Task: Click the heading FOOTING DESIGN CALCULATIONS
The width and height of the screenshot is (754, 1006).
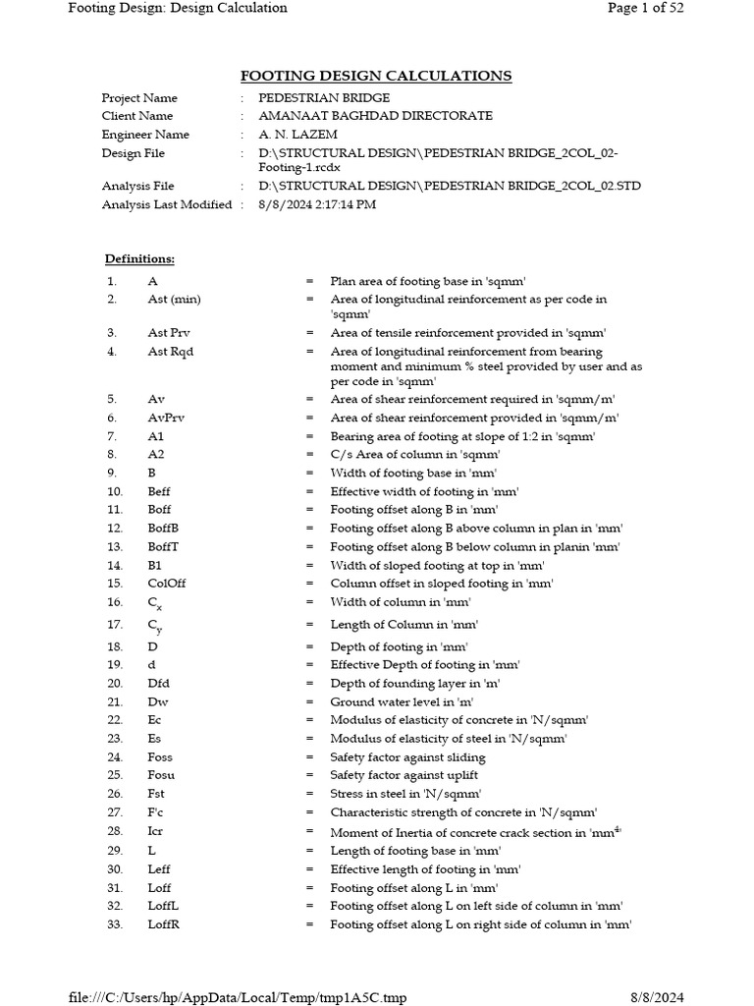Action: tap(376, 76)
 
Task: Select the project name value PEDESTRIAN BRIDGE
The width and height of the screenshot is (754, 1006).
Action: tap(324, 98)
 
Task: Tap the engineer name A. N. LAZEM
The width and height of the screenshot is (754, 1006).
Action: tap(298, 135)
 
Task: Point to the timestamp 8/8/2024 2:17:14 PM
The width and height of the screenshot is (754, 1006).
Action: tap(317, 204)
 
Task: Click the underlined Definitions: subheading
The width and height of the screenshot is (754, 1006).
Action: tap(139, 259)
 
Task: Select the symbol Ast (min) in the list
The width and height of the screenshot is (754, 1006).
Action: tap(174, 299)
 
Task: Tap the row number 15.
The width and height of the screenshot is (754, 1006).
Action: tap(115, 583)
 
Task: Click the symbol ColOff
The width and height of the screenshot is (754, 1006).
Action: tap(167, 583)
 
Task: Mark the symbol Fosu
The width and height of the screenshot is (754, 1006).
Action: tap(161, 775)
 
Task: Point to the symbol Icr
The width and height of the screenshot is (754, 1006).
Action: tap(155, 831)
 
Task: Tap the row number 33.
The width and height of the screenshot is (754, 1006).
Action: tap(115, 924)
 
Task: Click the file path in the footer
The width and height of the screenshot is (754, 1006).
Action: tap(238, 998)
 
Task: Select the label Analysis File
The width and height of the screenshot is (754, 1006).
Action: tap(138, 186)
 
